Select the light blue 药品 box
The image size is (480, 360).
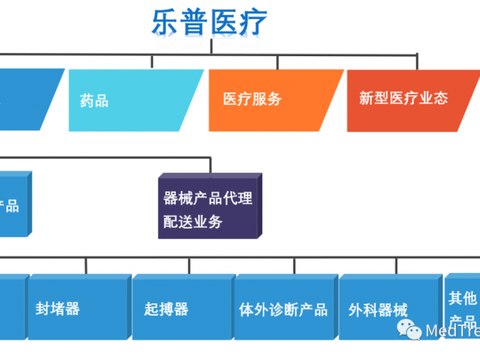(133, 100)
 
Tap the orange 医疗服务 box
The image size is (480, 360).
(273, 100)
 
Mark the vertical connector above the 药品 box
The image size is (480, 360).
(152, 61)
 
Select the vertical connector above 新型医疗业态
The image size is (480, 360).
(417, 61)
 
